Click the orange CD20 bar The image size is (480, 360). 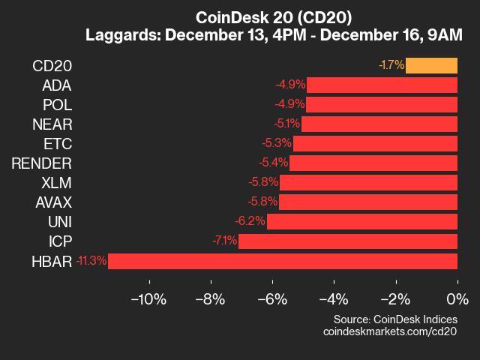point(431,65)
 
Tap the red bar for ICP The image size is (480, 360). point(347,241)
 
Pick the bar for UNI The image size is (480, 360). point(361,221)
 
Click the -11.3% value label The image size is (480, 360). point(91,261)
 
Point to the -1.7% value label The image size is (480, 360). point(391,65)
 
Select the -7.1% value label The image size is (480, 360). point(224,241)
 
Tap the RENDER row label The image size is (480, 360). point(42,163)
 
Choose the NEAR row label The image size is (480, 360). point(52,124)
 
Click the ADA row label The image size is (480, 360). point(56,85)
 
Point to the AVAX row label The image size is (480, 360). point(53,202)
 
